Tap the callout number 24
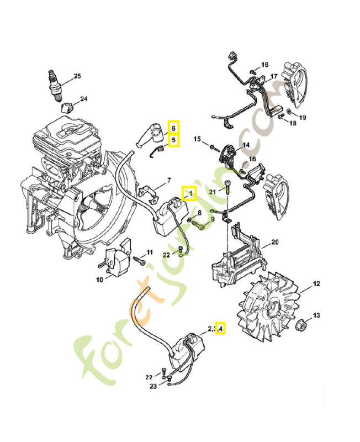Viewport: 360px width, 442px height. [x=84, y=99]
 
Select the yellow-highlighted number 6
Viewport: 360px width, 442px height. [x=173, y=128]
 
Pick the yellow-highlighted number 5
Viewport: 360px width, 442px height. [x=173, y=140]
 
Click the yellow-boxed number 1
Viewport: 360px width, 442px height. [x=189, y=193]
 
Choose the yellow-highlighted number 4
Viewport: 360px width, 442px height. [x=220, y=329]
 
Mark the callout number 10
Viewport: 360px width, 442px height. [x=99, y=280]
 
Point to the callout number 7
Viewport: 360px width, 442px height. [x=169, y=180]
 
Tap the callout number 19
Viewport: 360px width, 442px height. [x=302, y=118]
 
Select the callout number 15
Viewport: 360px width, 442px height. [x=197, y=140]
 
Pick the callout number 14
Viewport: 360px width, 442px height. [x=246, y=145]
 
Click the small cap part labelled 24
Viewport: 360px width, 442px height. [x=67, y=106]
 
